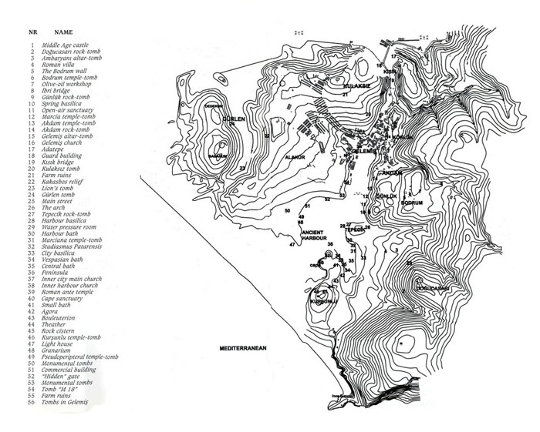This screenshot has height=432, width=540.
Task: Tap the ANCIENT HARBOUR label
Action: coord(312,234)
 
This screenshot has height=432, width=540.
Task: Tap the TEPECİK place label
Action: coord(355,229)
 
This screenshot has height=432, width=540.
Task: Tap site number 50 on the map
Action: coord(287,210)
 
